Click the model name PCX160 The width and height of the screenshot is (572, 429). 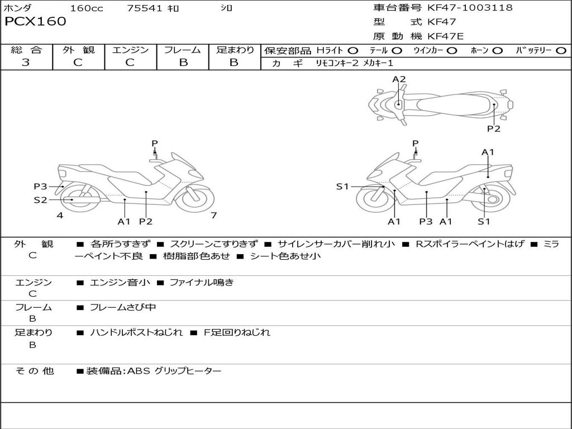pyautogui.click(x=35, y=22)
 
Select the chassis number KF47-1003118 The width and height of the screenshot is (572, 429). pyautogui.click(x=470, y=8)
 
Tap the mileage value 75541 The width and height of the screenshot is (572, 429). pyautogui.click(x=144, y=8)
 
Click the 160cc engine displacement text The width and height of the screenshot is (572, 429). pyautogui.click(x=87, y=8)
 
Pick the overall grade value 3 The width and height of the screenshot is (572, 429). pyautogui.click(x=26, y=63)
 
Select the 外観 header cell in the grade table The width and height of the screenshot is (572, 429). pyautogui.click(x=78, y=50)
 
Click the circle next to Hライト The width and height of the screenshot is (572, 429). pyautogui.click(x=353, y=51)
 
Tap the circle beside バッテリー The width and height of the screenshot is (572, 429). pyautogui.click(x=561, y=51)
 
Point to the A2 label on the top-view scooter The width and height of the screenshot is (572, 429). pyautogui.click(x=399, y=79)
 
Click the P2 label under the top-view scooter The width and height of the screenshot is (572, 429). pyautogui.click(x=494, y=128)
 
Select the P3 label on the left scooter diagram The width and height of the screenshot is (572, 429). pyautogui.click(x=40, y=187)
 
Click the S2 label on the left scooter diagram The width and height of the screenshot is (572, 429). pyautogui.click(x=40, y=199)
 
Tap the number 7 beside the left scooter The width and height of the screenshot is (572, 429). pyautogui.click(x=213, y=216)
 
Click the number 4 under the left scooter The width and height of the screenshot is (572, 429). pyautogui.click(x=60, y=216)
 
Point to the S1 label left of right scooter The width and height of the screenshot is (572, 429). pyautogui.click(x=342, y=187)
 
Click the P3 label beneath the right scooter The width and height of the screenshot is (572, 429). pyautogui.click(x=426, y=222)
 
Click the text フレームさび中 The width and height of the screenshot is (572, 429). pyautogui.click(x=123, y=307)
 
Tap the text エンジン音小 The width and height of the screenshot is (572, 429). pyautogui.click(x=120, y=283)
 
